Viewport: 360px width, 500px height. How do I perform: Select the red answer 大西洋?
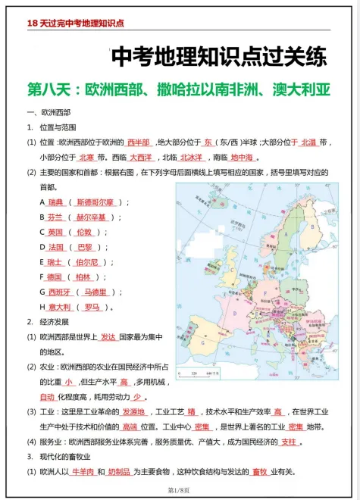click(141, 158)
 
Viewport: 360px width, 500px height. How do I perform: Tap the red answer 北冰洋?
click(191, 158)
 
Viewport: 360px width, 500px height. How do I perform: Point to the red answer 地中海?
click(242, 158)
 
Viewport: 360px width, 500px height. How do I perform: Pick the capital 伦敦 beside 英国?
click(83, 232)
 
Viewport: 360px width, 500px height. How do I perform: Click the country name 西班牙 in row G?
click(58, 292)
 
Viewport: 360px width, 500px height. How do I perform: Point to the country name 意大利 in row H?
click(58, 307)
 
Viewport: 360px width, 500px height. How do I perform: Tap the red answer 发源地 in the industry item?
click(133, 412)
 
